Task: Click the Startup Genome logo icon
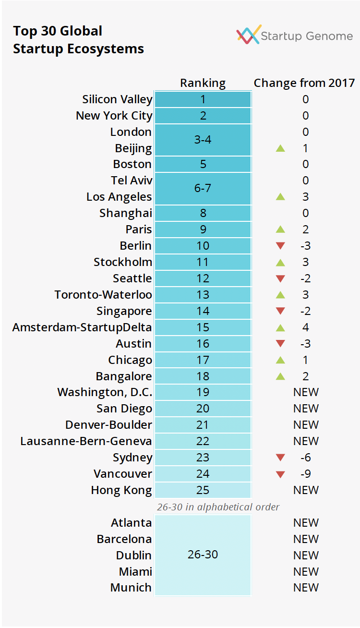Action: [x=249, y=35]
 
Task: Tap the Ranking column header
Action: [x=203, y=83]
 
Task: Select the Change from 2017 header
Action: [x=304, y=83]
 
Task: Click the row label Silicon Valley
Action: [x=118, y=99]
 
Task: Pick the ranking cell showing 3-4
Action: [x=203, y=140]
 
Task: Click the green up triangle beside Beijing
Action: [x=280, y=148]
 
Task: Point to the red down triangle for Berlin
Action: [x=280, y=246]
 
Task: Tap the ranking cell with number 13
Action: [x=203, y=295]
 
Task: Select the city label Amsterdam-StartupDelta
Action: [x=82, y=327]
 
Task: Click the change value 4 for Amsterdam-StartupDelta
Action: [x=306, y=327]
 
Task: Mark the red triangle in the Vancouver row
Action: [x=280, y=474]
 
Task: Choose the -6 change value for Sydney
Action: [x=306, y=458]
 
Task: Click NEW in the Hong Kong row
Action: [x=306, y=490]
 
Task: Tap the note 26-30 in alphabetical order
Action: [x=218, y=507]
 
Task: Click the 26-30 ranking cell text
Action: [x=203, y=555]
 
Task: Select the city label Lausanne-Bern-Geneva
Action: [x=86, y=441]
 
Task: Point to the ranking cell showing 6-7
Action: [x=203, y=188]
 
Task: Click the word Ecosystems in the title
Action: [x=106, y=49]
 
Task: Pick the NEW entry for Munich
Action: [x=306, y=588]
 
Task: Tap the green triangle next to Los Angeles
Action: [x=280, y=197]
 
